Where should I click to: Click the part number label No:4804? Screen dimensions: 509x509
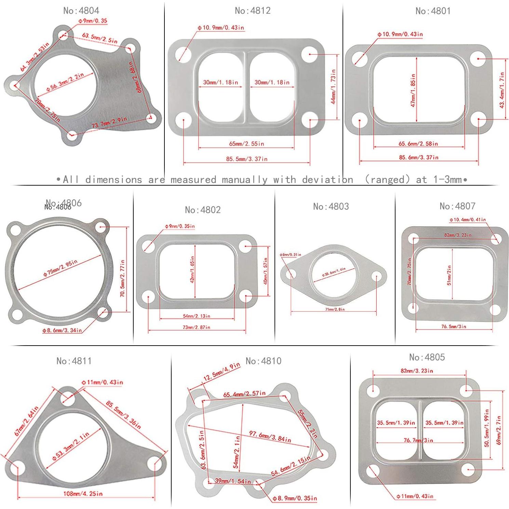pos(81,11)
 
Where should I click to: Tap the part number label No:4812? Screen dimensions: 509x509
pos(253,11)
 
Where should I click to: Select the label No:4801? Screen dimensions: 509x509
pos(433,11)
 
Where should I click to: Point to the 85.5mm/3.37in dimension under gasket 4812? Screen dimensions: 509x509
pos(246,159)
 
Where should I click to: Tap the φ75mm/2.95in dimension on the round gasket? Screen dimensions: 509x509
pos(60,268)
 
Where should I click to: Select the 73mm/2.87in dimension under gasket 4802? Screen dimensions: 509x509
pos(196,327)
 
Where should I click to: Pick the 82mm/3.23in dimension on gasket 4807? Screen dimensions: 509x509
pos(458,235)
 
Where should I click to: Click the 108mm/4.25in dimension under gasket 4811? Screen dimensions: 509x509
pos(83,493)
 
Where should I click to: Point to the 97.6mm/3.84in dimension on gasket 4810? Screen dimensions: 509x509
pos(270,436)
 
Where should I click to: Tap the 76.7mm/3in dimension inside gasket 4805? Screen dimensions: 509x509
pos(418,440)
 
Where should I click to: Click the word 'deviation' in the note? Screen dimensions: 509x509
pos(327,179)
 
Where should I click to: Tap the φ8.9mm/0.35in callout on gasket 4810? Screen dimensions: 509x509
pos(295,498)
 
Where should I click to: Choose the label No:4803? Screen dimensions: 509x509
pos(331,206)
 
